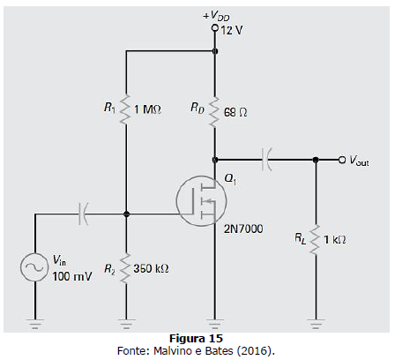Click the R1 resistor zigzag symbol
coord(126,109)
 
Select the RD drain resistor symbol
coord(215,112)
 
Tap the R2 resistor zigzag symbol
coord(126,269)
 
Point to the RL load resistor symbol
coord(316,240)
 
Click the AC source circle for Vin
coord(34,267)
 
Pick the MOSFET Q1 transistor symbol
coord(202,200)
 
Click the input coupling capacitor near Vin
coord(83,214)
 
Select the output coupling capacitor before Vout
coord(266,160)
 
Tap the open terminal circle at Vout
coord(342,160)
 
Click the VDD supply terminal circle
coord(215,28)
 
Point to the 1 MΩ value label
coord(147,109)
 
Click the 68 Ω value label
coord(235,112)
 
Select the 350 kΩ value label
coord(151,268)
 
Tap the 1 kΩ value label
coord(334,240)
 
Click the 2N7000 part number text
coord(243,229)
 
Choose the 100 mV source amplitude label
coord(72,276)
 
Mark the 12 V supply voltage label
coord(232,30)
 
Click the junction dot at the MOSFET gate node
coord(126,214)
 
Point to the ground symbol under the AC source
coord(34,324)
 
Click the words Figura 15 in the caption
coord(196,339)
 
